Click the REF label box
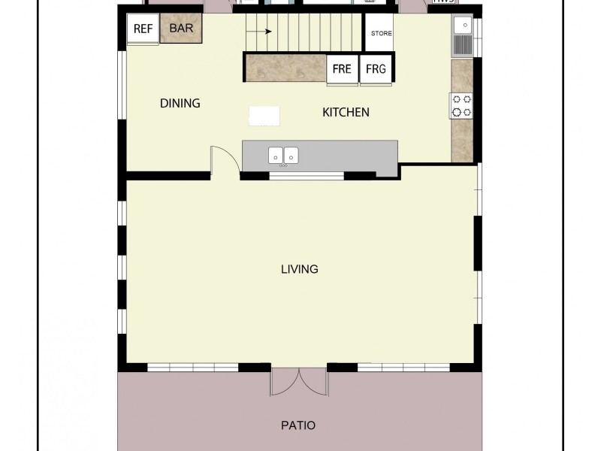pos(143,29)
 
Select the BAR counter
pos(180,29)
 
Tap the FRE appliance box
pos(342,68)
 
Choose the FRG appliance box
pos(375,68)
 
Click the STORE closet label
pos(382,34)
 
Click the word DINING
pos(180,103)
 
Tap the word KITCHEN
pos(346,112)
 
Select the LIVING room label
pos(300,268)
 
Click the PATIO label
pos(298,425)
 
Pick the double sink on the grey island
pos(284,156)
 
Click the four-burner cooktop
pos(461,105)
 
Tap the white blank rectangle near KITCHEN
pos(264,115)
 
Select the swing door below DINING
pos(223,161)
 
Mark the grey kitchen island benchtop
pos(346,156)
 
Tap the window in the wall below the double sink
pos(307,177)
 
